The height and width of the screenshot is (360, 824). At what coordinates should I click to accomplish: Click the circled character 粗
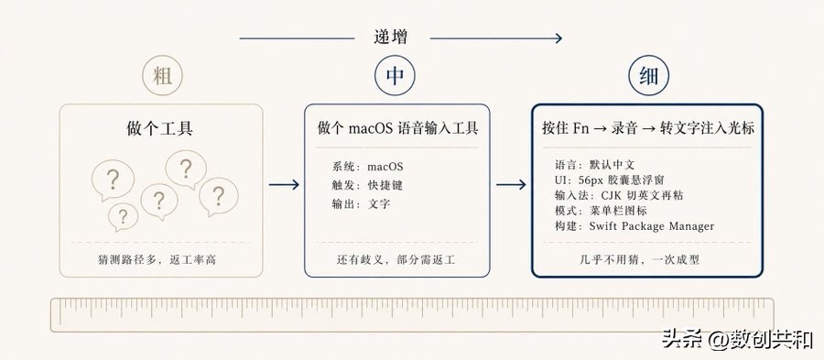[x=162, y=77]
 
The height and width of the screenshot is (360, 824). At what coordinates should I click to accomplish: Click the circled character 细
[x=648, y=77]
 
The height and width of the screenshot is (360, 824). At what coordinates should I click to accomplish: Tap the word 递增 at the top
[x=391, y=38]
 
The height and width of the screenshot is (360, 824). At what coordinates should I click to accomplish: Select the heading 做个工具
[x=160, y=128]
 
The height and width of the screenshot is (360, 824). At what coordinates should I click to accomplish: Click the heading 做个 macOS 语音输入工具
[x=397, y=128]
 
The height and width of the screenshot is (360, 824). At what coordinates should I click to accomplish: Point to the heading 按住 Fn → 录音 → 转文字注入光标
[x=648, y=128]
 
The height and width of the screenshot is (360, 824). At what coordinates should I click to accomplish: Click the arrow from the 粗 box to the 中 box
[x=284, y=185]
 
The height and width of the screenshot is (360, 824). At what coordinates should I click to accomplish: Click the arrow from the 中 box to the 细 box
[x=510, y=185]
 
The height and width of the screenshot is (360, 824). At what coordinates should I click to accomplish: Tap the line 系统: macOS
[x=367, y=167]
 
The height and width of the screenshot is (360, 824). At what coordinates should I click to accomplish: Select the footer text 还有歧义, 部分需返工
[x=396, y=260]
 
